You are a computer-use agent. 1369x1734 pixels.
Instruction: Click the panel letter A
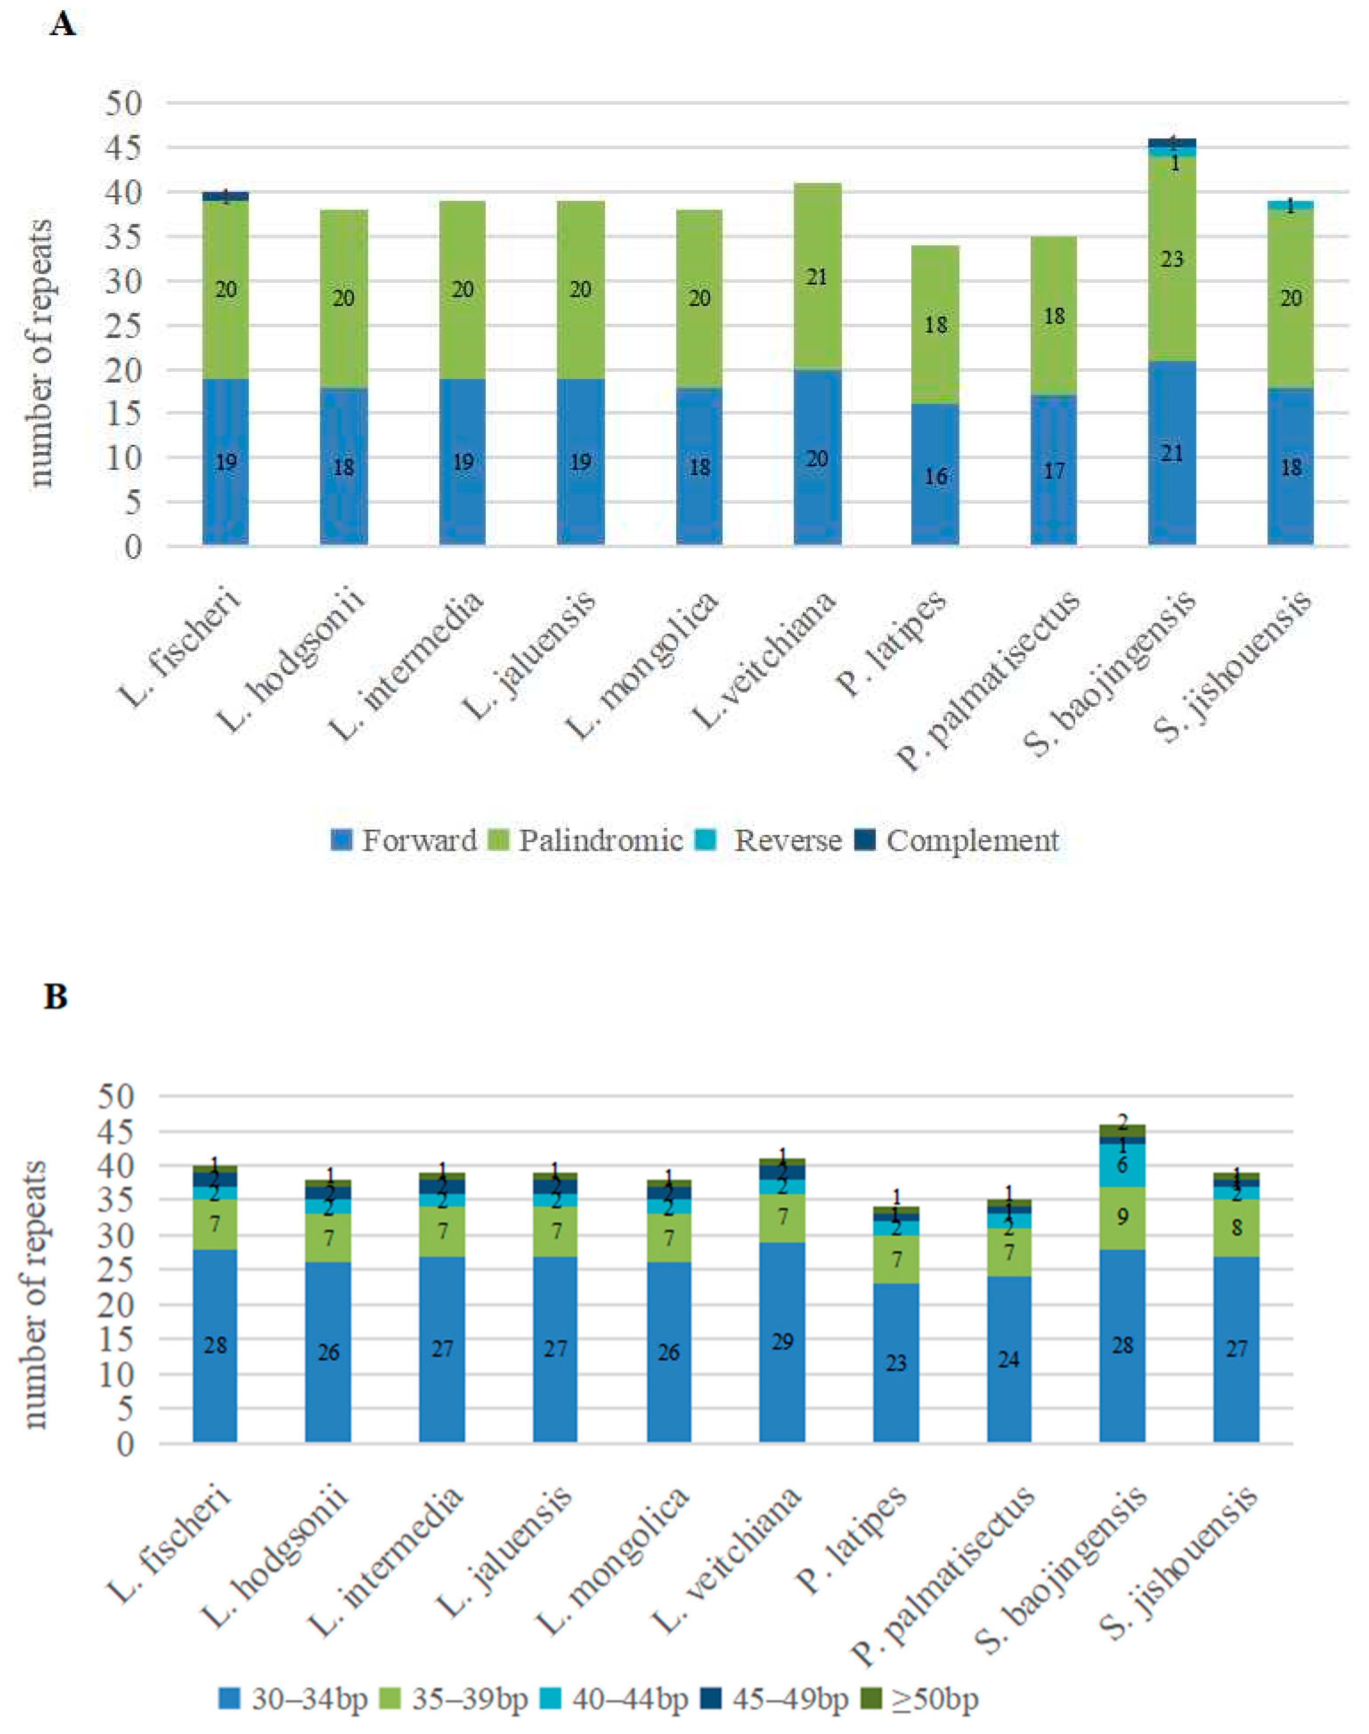pos(62,24)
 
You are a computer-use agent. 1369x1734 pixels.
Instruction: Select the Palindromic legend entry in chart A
pos(600,840)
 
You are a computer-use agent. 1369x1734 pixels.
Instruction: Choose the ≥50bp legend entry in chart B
pos(933,1700)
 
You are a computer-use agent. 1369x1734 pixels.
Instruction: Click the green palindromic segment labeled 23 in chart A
pos(1172,259)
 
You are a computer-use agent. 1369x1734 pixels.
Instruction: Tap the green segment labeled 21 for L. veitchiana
pos(817,277)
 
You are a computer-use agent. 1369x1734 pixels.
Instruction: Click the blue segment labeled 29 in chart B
pos(782,1343)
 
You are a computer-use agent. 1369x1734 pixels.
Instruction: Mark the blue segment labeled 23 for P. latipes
pos(896,1363)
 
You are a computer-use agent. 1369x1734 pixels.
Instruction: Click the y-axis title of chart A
pos(40,353)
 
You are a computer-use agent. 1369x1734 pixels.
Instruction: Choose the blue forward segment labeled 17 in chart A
pos(1053,471)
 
